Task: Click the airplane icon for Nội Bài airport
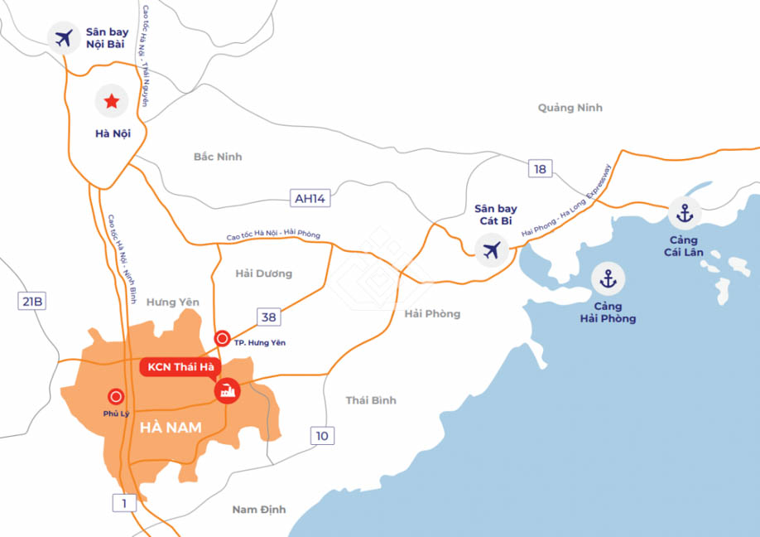click(63, 38)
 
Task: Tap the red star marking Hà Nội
click(110, 102)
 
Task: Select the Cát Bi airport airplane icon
click(493, 249)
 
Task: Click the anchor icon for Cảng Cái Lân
click(685, 214)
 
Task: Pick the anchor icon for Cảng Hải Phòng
click(608, 279)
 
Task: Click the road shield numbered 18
click(540, 169)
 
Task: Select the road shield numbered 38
click(269, 317)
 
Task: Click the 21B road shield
click(31, 302)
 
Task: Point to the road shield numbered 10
click(323, 436)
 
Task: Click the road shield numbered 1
click(124, 501)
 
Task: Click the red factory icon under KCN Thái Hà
click(226, 391)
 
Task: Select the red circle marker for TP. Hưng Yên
click(222, 338)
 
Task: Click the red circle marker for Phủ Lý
click(117, 397)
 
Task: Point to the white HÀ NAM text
click(172, 428)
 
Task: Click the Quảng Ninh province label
click(570, 108)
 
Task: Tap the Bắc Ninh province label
click(218, 157)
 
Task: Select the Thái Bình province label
click(371, 400)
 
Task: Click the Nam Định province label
click(258, 510)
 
